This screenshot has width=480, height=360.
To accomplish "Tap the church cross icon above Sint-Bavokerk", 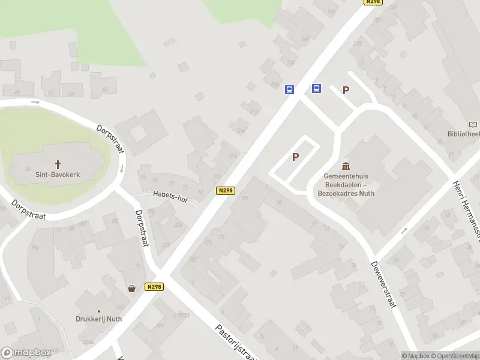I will [x=58, y=163].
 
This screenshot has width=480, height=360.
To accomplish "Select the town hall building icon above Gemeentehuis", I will [x=346, y=166].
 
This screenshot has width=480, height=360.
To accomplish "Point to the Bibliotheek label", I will [x=463, y=134].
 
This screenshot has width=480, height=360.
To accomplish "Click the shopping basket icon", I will [x=131, y=288].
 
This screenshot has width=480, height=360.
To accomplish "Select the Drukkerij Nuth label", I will [x=98, y=319].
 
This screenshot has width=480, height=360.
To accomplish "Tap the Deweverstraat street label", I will [x=383, y=284].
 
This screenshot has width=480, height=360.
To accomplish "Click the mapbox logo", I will [x=26, y=353].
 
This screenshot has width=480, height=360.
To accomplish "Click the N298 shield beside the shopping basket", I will [x=154, y=287].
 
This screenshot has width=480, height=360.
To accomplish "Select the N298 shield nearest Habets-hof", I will [x=225, y=191].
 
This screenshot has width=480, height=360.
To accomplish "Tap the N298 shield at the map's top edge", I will [x=373, y=2].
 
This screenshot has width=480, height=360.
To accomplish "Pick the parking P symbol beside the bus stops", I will [x=345, y=91].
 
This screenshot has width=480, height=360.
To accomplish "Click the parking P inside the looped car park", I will [x=295, y=157].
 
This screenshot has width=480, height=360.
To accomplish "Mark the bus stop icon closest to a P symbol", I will [x=316, y=89].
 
